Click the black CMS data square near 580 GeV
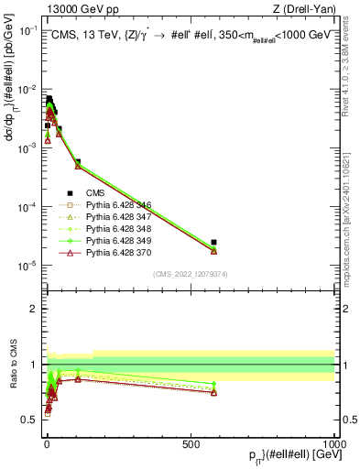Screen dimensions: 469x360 click(x=213, y=242)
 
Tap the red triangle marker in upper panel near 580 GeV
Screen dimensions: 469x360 click(x=213, y=250)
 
